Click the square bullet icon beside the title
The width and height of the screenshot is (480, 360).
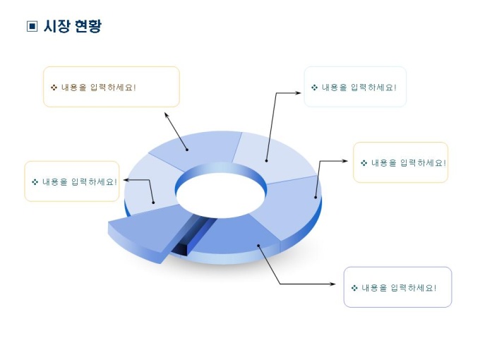coord(32,26)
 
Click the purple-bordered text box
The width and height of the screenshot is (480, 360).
coord(397,287)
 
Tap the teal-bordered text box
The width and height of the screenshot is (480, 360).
coord(355,87)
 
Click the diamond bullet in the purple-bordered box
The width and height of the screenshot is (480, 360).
coord(354,288)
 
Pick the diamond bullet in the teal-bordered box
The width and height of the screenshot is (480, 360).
coord(314,88)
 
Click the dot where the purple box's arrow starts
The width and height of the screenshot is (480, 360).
coord(258,246)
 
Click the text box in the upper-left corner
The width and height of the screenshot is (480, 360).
coord(112,87)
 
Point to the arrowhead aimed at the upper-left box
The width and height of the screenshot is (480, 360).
coord(167,113)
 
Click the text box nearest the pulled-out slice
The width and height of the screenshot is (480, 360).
coord(72,181)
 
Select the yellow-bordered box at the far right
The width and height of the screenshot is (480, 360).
coord(400,162)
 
